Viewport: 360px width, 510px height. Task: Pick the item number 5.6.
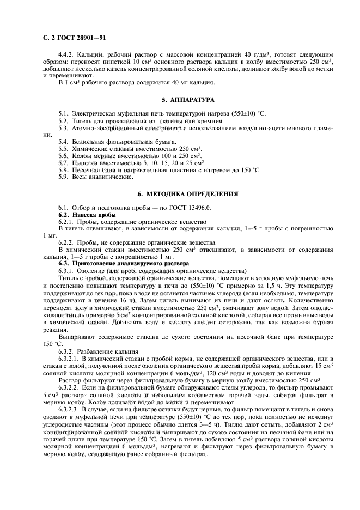64,156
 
